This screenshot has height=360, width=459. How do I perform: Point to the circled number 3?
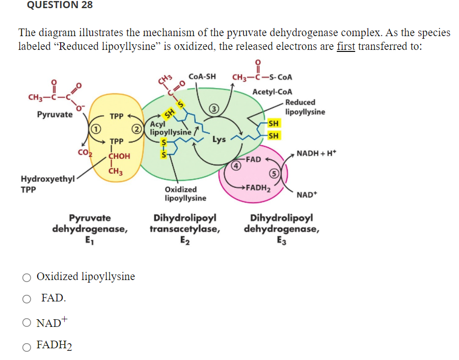coord(215,108)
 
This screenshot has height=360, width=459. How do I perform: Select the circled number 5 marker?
coord(274,173)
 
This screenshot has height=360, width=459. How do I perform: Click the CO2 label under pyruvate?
coord(82,151)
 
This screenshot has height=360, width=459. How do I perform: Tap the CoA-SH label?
coord(202,77)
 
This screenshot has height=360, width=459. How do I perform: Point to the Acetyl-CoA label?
coord(272,92)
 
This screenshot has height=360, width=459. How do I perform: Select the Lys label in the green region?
coord(219,139)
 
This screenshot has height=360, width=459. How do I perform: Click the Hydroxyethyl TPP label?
coord(46,184)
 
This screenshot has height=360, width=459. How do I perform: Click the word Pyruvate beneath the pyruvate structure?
coord(55,115)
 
